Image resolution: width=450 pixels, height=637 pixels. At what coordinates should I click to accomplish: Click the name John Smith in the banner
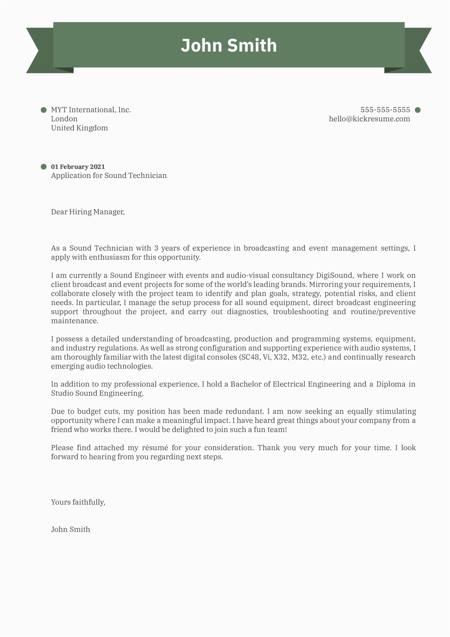tap(229, 45)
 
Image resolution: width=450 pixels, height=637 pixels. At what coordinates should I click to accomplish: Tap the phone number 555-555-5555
tap(385, 110)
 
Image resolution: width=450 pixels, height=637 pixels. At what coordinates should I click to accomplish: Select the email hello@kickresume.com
tap(369, 119)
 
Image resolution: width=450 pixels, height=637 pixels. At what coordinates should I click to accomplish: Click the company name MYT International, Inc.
tap(91, 110)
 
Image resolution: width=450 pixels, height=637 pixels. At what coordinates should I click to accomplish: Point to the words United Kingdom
tap(79, 128)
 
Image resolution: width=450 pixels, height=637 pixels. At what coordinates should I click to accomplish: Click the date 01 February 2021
tap(78, 167)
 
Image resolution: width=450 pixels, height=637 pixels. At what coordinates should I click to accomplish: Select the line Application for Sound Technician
tap(109, 175)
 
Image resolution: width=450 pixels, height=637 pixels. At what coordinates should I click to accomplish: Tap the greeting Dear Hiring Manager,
tap(88, 212)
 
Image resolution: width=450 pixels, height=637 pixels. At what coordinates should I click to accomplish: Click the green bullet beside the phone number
tap(418, 110)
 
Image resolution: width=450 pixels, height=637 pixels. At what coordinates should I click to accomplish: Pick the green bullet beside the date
tap(44, 167)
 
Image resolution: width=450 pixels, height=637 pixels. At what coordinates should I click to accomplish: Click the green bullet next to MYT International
tap(44, 110)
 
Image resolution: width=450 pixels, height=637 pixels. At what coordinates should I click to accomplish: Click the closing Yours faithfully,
tap(78, 502)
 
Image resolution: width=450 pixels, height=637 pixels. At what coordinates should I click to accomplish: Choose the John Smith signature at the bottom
tap(71, 529)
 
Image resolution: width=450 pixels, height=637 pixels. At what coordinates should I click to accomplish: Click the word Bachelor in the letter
tap(245, 384)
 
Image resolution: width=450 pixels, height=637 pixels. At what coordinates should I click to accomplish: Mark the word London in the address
tap(64, 119)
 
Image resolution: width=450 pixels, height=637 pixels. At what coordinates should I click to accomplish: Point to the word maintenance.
tap(74, 321)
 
